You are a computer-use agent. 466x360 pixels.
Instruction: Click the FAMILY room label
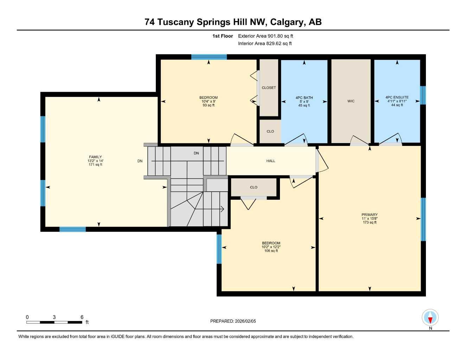95,157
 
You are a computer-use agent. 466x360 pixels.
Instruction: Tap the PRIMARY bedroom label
369,214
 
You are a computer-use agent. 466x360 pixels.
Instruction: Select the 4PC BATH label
304,98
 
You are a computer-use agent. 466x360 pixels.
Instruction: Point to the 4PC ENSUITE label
397,97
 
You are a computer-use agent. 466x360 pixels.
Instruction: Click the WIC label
351,101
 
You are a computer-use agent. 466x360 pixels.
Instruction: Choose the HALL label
270,161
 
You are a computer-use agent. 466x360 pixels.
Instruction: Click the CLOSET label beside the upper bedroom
269,88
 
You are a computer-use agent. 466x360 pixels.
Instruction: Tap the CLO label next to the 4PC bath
270,131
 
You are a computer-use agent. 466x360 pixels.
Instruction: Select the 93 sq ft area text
209,105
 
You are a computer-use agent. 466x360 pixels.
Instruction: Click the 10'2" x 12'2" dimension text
271,247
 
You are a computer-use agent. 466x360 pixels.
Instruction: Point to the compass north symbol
430,319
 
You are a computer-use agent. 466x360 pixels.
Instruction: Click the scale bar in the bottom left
54,322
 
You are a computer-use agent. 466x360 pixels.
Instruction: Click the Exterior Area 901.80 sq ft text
266,36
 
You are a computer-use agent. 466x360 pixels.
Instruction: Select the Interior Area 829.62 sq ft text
265,44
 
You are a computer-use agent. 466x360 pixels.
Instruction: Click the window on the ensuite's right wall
423,95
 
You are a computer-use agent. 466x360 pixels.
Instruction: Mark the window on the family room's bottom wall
72,230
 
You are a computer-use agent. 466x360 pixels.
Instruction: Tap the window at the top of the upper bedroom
209,57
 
